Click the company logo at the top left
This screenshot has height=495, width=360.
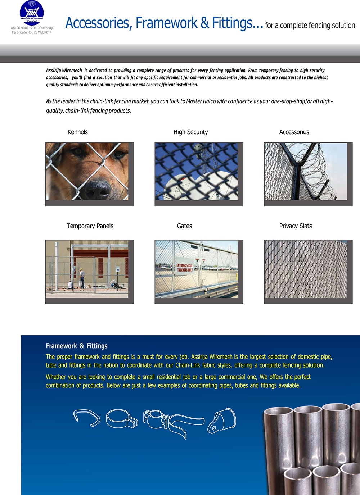pyautogui.click(x=32, y=13)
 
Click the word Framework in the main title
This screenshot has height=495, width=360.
pyautogui.click(x=166, y=23)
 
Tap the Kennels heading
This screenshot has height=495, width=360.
pyautogui.click(x=77, y=132)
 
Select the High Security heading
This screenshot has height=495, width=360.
pyautogui.click(x=190, y=132)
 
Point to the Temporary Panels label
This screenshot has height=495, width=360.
pyautogui.click(x=90, y=226)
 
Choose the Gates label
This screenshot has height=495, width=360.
pyautogui.click(x=184, y=226)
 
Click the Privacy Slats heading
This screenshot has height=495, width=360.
pyautogui.click(x=295, y=226)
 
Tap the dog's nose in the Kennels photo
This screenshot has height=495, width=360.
pyautogui.click(x=98, y=188)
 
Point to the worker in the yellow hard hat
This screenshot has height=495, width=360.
pyautogui.click(x=82, y=278)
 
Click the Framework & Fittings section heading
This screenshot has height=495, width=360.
pyautogui.click(x=76, y=346)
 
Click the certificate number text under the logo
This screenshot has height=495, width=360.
pyautogui.click(x=32, y=32)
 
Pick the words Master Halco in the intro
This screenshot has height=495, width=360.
pyautogui.click(x=201, y=101)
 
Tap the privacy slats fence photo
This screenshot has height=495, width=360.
pyautogui.click(x=306, y=269)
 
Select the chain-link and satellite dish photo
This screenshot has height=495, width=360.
pyautogui.click(x=196, y=171)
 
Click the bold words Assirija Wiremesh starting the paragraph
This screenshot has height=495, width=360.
pyautogui.click(x=64, y=71)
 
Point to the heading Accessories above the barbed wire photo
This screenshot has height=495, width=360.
pyautogui.click(x=294, y=132)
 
